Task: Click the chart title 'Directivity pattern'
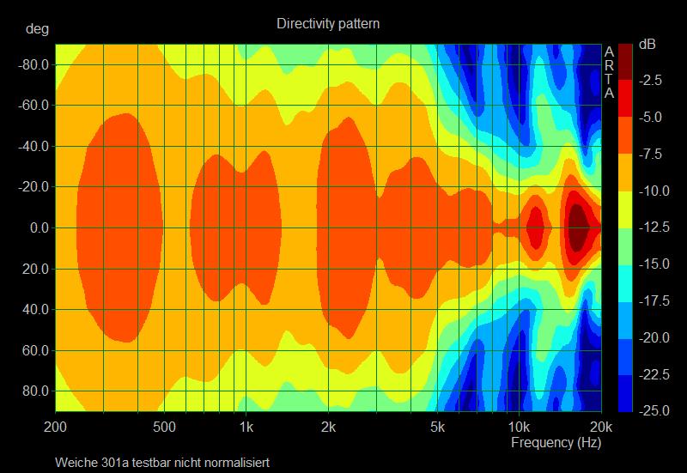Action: [x=328, y=24]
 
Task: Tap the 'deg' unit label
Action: [x=38, y=28]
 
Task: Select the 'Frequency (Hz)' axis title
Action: [x=556, y=443]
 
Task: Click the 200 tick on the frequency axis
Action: [x=56, y=427]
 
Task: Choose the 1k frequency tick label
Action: [x=246, y=427]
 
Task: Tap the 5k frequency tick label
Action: [x=437, y=427]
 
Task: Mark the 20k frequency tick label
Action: [x=601, y=427]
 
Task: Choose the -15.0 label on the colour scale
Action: [x=649, y=264]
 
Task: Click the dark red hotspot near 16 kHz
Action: [x=578, y=227]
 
